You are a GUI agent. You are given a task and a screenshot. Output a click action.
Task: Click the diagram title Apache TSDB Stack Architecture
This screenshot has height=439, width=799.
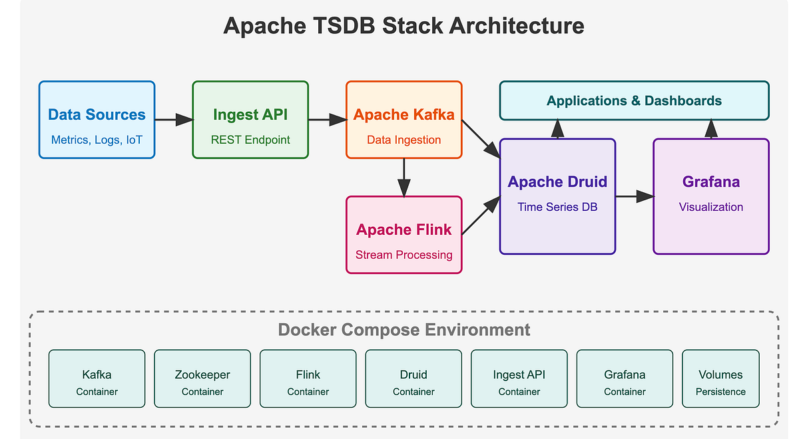(x=403, y=26)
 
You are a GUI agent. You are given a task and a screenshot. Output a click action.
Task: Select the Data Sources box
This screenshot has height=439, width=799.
(x=97, y=120)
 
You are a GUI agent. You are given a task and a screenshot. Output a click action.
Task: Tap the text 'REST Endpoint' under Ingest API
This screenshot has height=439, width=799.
(x=250, y=140)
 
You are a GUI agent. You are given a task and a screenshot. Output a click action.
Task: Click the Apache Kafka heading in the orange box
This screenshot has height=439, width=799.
(x=403, y=114)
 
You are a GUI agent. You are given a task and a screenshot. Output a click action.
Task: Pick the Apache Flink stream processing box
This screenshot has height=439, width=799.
(x=403, y=234)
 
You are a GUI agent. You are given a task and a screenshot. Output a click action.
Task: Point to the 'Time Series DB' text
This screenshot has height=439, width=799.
(x=557, y=207)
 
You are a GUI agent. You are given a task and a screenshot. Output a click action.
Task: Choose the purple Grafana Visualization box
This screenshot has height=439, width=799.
(x=711, y=196)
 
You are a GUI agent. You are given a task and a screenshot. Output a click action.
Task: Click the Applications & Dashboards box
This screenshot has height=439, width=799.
(x=634, y=100)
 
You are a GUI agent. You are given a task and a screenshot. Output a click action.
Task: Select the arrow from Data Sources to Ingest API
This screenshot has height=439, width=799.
(x=174, y=120)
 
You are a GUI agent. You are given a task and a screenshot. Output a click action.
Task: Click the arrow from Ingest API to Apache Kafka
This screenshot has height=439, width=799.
(x=327, y=120)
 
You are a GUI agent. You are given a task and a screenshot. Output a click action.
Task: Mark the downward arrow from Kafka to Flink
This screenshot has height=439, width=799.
(x=403, y=178)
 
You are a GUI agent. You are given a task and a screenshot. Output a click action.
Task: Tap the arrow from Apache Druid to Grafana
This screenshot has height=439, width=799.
(x=634, y=196)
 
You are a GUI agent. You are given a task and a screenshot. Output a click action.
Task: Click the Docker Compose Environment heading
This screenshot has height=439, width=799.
(x=403, y=330)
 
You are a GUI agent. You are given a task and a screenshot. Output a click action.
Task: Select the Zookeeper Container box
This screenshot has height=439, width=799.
(x=202, y=378)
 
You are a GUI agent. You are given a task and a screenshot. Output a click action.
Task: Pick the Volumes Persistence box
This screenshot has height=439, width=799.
(x=720, y=378)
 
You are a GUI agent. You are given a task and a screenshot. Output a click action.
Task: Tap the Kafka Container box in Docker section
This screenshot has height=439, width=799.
(x=97, y=378)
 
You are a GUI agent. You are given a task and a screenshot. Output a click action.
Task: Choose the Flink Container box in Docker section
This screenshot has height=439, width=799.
(x=308, y=378)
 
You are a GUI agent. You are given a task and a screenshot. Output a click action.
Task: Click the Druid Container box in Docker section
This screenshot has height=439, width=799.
(x=413, y=378)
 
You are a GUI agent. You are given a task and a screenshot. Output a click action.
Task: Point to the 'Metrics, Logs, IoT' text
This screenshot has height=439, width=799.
(x=97, y=140)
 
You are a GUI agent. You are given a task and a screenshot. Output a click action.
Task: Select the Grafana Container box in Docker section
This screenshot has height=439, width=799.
(x=625, y=378)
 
